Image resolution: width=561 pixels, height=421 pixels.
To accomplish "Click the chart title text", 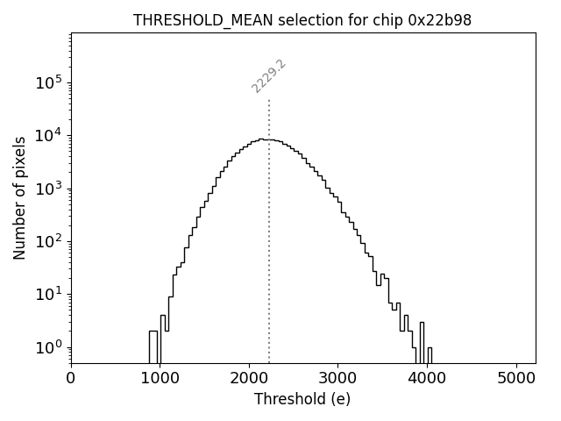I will [x=302, y=20].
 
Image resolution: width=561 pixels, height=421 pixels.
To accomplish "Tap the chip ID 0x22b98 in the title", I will [x=440, y=20].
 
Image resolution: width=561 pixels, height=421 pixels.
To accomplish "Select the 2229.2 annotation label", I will [x=269, y=76].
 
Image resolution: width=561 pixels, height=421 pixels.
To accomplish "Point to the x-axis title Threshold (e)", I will [x=302, y=399].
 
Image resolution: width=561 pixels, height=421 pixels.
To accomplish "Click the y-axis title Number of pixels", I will [x=19, y=198].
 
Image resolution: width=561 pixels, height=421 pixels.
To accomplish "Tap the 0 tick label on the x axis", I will [x=71, y=380].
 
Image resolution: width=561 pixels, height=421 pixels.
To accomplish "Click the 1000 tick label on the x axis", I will [x=160, y=380].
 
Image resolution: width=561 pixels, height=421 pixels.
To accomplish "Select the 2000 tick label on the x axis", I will [x=249, y=380].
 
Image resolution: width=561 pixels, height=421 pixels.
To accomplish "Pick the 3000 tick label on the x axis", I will [x=338, y=380].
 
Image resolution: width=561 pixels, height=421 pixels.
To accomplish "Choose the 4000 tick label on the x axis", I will [x=428, y=380].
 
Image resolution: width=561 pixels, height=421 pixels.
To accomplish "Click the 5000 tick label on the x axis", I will [x=516, y=380].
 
